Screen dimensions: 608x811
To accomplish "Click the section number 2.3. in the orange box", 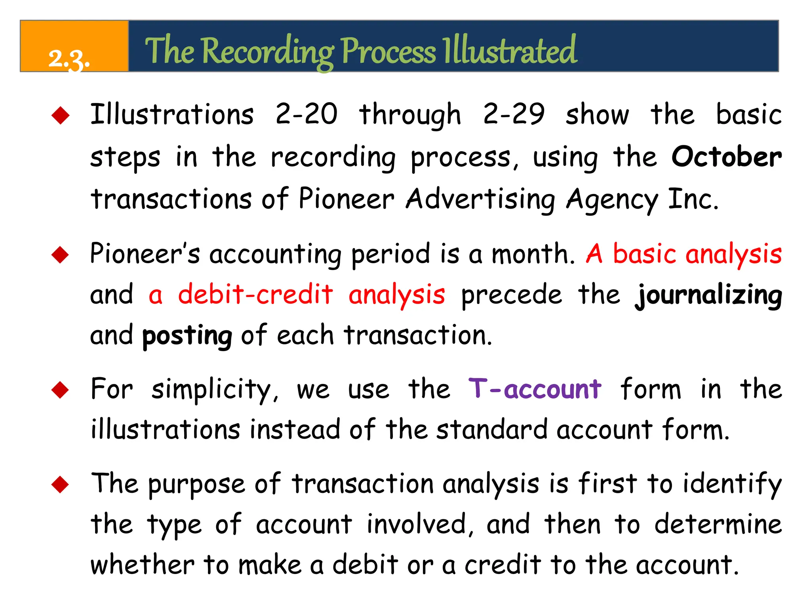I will tap(69, 59).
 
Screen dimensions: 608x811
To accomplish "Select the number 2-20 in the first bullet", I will tap(307, 114).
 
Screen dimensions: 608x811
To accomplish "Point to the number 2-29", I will tap(514, 114).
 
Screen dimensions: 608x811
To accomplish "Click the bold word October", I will tap(727, 157).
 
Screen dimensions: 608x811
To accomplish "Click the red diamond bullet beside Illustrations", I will tap(61, 116).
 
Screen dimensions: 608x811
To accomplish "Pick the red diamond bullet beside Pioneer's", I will tap(61, 255).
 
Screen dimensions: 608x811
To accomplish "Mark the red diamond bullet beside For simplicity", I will tap(61, 390).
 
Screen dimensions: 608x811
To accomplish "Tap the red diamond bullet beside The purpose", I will tap(61, 484).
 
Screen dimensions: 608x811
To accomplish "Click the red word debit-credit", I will tap(255, 294).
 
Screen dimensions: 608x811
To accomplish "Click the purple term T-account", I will tap(535, 389).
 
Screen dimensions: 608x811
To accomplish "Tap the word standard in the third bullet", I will tap(491, 429).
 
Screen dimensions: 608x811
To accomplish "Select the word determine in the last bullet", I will tap(718, 524).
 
